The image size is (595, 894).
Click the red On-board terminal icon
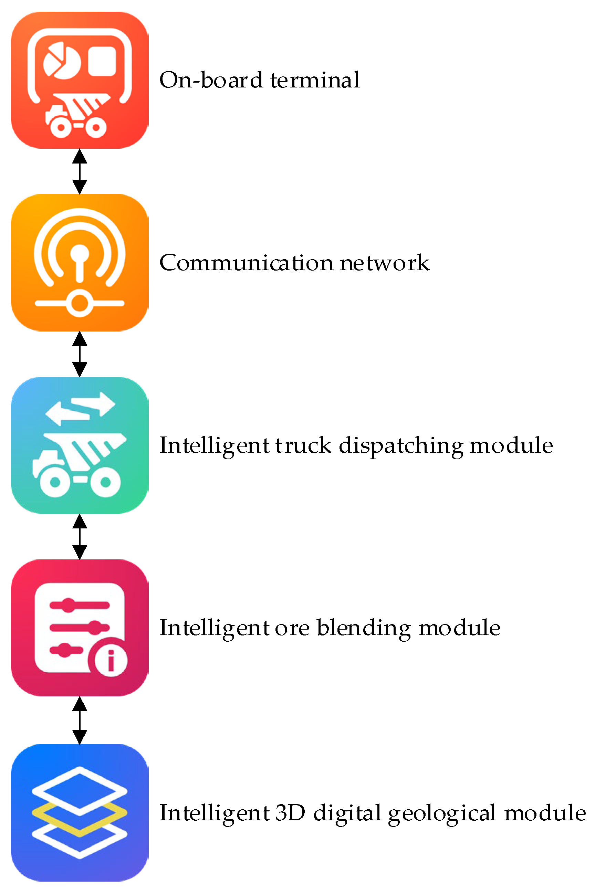79,80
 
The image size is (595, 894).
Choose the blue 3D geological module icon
79,812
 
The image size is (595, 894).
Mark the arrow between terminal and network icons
79,171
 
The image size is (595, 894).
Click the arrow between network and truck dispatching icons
79,354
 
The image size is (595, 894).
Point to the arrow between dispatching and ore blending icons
79,536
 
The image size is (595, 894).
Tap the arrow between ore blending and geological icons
79,720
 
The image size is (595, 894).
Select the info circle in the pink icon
111,660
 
